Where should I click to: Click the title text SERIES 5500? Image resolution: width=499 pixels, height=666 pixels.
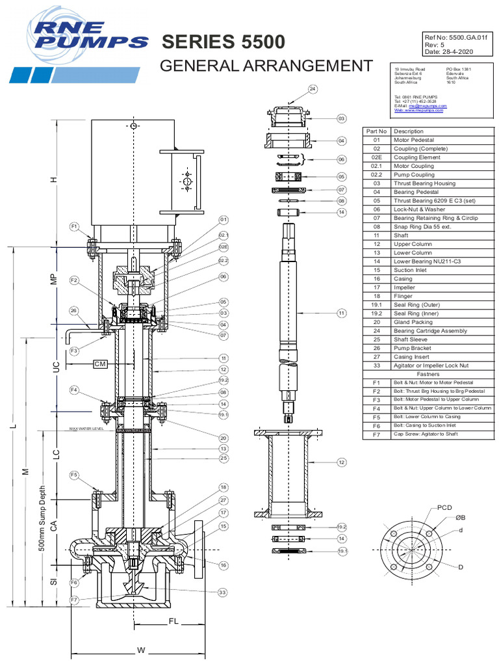click(x=223, y=42)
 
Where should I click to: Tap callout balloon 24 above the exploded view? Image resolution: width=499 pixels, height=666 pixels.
click(x=313, y=89)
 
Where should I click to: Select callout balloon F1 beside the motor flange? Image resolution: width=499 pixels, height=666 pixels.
click(x=75, y=226)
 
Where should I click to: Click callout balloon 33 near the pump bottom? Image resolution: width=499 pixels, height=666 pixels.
click(x=222, y=593)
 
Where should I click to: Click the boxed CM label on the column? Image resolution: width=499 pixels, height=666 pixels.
click(x=99, y=364)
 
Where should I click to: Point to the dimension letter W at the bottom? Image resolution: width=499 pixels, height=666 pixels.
click(x=141, y=650)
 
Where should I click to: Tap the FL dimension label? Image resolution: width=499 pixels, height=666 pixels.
click(x=173, y=621)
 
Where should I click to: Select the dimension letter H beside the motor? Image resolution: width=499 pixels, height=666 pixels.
click(x=55, y=180)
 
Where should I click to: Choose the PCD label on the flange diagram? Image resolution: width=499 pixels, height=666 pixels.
click(x=444, y=507)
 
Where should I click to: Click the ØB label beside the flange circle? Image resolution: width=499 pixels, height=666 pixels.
click(x=460, y=518)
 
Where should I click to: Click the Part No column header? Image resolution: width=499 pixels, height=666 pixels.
click(x=376, y=131)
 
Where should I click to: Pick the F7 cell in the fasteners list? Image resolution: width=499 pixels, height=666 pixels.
click(x=376, y=434)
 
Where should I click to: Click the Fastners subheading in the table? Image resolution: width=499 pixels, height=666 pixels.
click(x=428, y=374)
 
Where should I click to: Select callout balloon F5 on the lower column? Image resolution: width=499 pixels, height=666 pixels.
click(x=75, y=474)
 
